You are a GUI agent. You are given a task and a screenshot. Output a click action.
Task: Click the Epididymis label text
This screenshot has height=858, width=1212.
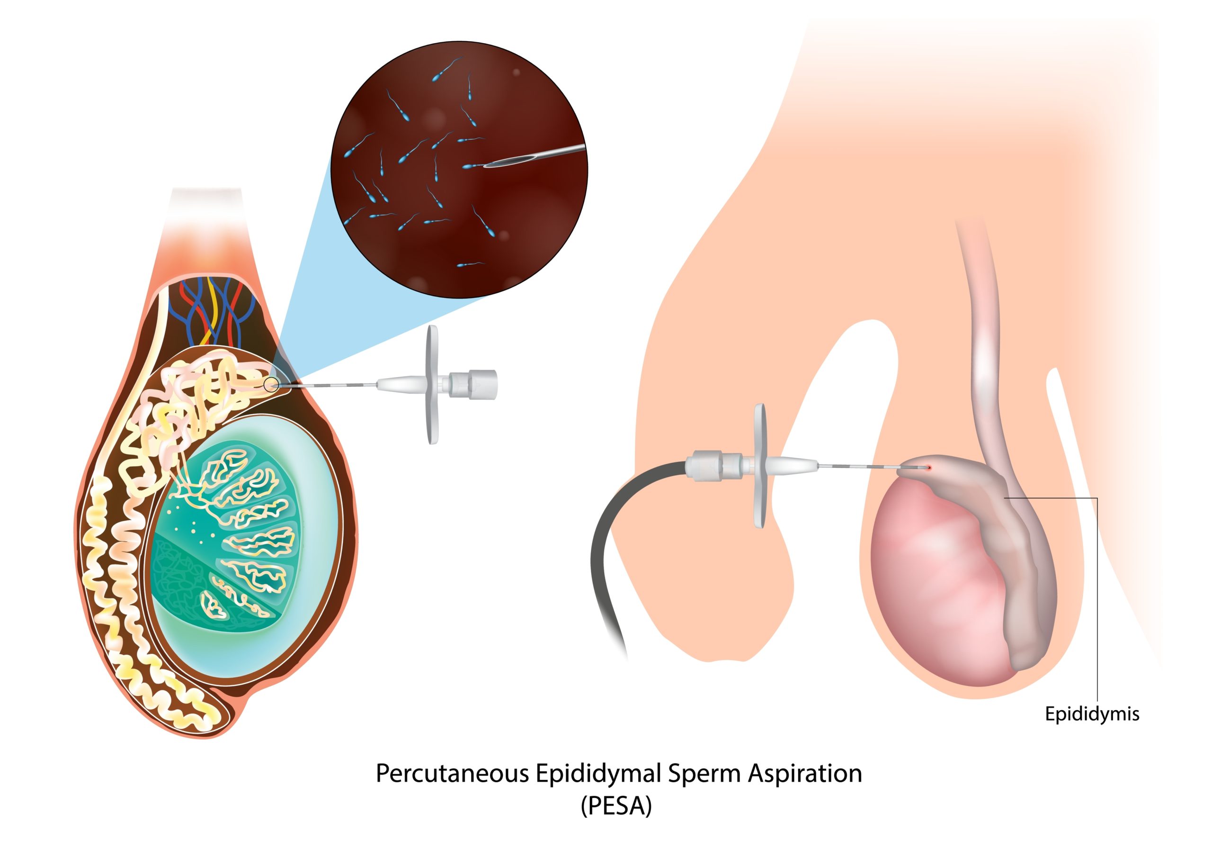coord(1092,714)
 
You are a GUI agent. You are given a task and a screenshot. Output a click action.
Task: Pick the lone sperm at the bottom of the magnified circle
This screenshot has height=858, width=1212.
coord(469,264)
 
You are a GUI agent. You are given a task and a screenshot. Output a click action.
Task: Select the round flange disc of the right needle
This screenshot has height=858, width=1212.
coord(760,465)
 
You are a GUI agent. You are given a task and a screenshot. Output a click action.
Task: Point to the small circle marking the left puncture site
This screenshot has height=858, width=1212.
coord(271,385)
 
